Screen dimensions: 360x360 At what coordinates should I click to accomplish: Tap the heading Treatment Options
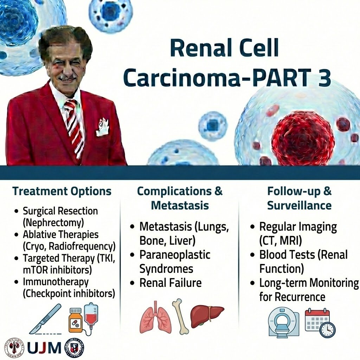click(62, 191)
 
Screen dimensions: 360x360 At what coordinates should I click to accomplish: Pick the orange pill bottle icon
click(76, 321)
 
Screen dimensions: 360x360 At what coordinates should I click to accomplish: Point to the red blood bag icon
click(91, 316)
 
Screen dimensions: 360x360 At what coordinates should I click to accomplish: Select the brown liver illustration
click(207, 315)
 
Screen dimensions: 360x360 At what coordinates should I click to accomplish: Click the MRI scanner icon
click(283, 323)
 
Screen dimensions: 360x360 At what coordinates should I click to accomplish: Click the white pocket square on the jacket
click(103, 128)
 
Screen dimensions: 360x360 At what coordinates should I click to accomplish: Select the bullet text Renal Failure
click(171, 283)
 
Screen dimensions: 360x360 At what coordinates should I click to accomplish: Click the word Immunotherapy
click(56, 282)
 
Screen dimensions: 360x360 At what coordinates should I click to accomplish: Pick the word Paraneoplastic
click(175, 255)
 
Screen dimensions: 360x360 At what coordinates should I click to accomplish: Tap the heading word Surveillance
click(299, 205)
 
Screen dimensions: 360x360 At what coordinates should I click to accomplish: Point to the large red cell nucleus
click(303, 137)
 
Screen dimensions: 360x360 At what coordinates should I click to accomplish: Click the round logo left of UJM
click(14, 347)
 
